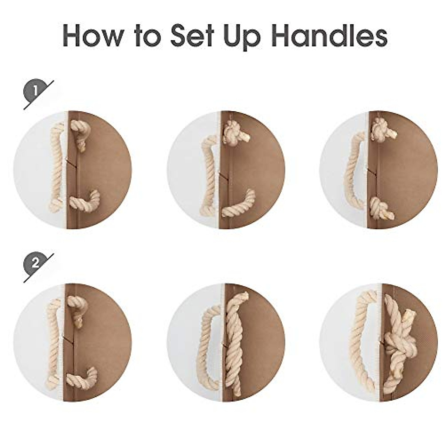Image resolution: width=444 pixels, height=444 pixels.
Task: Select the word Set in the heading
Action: pyautogui.click(x=198, y=35)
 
